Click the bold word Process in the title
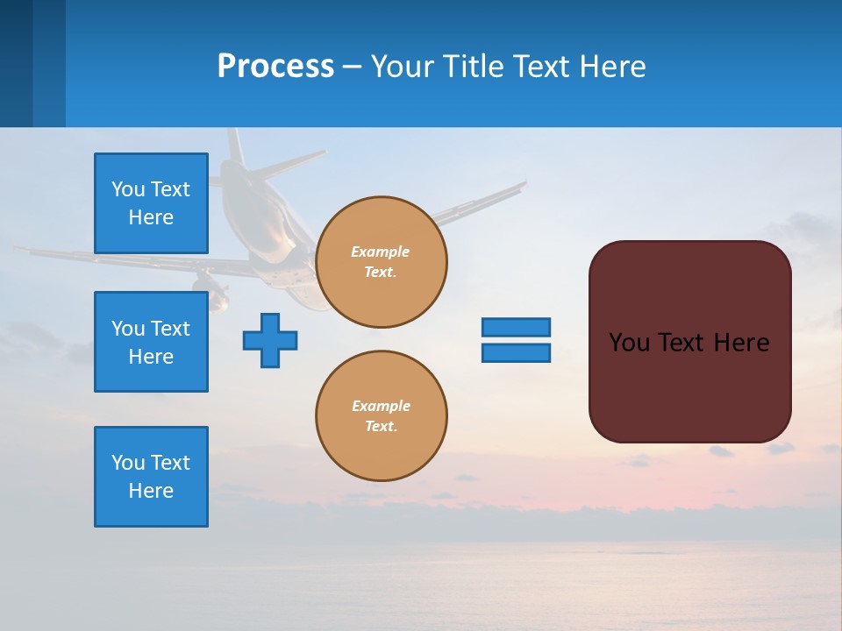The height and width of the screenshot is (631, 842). pos(275,67)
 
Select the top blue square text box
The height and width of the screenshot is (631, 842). pos(151,203)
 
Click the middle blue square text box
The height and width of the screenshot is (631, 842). pos(151,342)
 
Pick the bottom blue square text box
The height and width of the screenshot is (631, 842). pos(151,477)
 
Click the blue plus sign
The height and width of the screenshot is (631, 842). pos(270,340)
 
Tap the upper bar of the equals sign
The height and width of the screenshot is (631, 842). pos(516,327)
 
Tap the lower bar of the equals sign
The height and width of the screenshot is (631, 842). pos(516,353)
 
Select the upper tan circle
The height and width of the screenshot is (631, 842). pos(382,261)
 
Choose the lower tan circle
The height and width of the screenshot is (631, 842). pos(382,415)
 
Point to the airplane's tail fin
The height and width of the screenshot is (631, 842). pos(234,145)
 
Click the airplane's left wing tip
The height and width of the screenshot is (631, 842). pos(21,251)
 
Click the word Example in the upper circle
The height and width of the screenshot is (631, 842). pos(380,252)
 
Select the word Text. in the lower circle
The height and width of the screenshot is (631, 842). pos(381,426)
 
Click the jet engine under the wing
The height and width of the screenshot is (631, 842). pos(210,289)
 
